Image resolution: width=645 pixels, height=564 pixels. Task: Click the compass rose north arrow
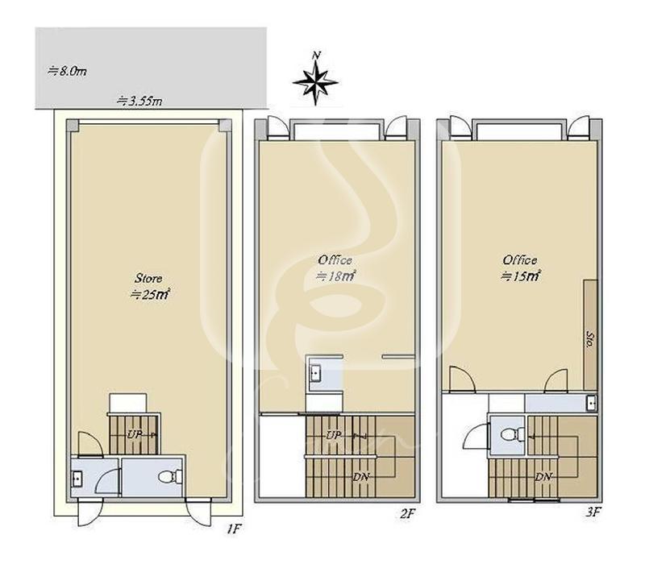tap(315, 79)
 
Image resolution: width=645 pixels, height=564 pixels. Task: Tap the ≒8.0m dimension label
tap(67, 71)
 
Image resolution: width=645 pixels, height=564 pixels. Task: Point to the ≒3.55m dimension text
tap(139, 101)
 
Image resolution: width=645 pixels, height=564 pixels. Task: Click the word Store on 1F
tap(148, 278)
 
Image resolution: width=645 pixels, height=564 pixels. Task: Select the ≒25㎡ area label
tap(150, 294)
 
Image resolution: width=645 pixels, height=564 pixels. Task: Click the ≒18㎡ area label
tap(335, 276)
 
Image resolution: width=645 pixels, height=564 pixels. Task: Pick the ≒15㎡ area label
tap(520, 276)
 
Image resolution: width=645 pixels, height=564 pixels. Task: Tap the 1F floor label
tap(233, 529)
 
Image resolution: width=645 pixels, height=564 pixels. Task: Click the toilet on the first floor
tap(170, 477)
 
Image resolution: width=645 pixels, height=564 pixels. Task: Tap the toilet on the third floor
tap(513, 434)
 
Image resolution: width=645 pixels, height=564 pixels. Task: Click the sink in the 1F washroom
tap(77, 479)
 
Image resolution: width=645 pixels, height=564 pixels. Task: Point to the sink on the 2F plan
tap(315, 373)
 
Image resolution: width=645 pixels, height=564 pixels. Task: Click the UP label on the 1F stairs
tap(134, 434)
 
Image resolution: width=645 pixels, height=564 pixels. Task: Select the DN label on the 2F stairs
tap(360, 477)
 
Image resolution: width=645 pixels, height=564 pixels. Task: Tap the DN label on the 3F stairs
tap(543, 477)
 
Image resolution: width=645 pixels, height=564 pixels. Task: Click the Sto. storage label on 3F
tap(590, 339)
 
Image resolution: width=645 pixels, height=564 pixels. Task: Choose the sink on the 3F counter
tap(592, 404)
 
